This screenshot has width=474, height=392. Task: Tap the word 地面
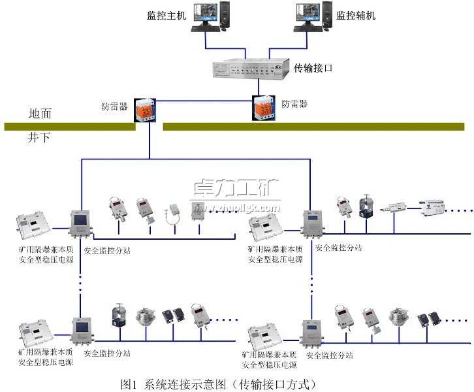point(40,112)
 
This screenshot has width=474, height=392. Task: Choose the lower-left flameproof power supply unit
point(38,333)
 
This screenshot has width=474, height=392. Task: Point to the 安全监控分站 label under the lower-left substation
point(107,353)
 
